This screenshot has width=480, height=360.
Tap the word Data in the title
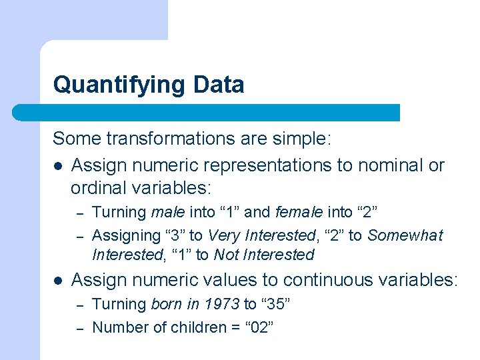pos(219,85)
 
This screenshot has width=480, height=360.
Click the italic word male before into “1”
pos(168,213)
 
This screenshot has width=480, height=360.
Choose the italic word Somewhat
pos(405,235)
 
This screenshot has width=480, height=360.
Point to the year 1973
pos(223,305)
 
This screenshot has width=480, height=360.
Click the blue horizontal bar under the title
pos(206,113)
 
